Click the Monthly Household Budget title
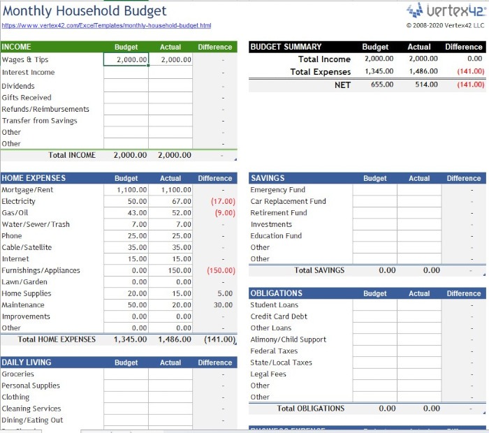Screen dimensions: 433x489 click(85, 11)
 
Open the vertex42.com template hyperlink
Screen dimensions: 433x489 click(106, 26)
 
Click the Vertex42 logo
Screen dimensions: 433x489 click(445, 10)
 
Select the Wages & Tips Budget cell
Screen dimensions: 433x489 click(126, 60)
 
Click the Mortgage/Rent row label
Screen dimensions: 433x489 click(27, 190)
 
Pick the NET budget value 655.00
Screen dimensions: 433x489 click(381, 85)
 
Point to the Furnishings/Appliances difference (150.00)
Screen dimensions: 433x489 click(221, 270)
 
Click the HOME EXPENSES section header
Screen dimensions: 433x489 click(34, 178)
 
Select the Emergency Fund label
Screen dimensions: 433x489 click(277, 190)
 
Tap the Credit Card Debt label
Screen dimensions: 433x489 click(279, 316)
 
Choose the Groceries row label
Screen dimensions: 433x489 click(17, 374)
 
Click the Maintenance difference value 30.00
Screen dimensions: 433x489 click(224, 305)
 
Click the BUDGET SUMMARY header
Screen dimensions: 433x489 click(286, 47)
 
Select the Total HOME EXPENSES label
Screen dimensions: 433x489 click(57, 339)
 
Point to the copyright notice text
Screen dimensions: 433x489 click(445, 25)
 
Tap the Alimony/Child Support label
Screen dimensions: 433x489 click(288, 339)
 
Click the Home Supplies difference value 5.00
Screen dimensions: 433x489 click(225, 293)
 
